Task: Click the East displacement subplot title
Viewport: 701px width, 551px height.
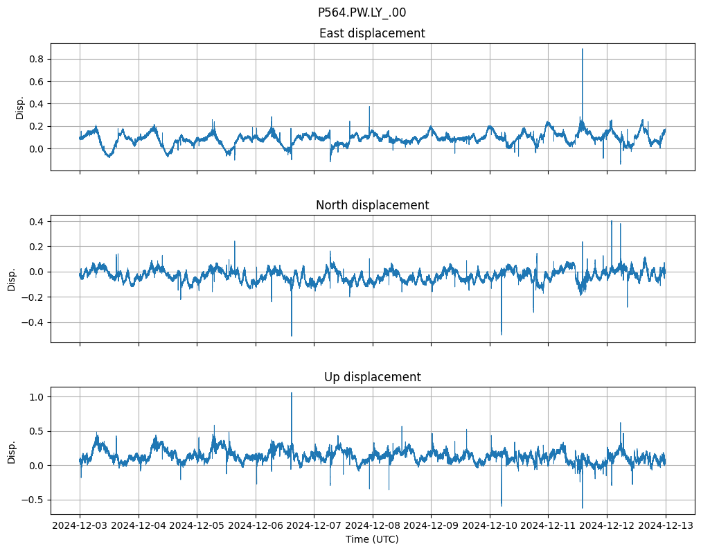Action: click(372, 33)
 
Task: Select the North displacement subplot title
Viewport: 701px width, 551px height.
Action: click(372, 205)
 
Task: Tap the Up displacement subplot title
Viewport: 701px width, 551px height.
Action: click(372, 377)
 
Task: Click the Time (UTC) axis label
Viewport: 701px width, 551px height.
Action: click(372, 539)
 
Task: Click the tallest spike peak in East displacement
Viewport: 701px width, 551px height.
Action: click(583, 49)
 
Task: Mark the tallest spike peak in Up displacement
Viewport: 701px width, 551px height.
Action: click(292, 393)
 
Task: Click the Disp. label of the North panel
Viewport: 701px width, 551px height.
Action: click(12, 279)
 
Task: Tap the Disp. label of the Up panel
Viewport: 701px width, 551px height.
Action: click(12, 451)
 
